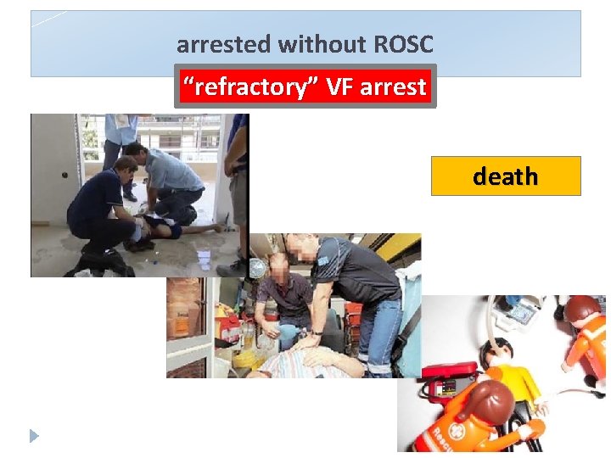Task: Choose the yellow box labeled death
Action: (x=506, y=176)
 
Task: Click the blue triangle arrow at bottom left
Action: (x=34, y=436)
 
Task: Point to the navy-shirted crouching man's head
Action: (x=126, y=165)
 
